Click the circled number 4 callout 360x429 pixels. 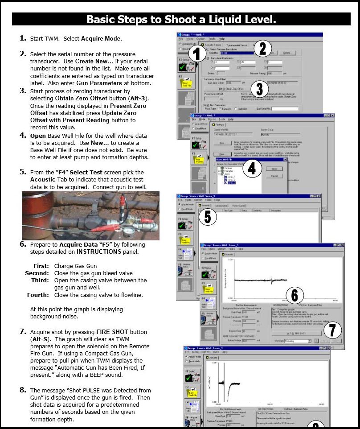point(252,168)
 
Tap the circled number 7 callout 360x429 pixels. point(332,330)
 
